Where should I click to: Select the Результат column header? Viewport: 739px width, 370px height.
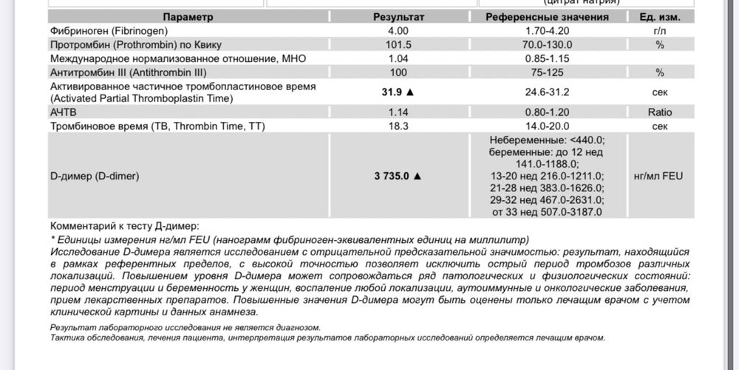[x=398, y=17]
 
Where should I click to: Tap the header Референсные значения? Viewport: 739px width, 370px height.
[x=547, y=17]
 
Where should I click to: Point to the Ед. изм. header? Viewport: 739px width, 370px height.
[x=659, y=17]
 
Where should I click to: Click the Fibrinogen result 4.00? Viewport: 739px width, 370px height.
[x=398, y=31]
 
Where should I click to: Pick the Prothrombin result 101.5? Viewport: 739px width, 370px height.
[x=398, y=44]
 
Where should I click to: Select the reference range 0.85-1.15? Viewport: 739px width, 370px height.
[x=547, y=58]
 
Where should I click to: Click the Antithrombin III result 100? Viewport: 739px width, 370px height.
[x=398, y=72]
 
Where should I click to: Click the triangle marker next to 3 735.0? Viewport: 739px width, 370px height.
[x=418, y=177]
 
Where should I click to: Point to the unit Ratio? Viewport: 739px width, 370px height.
[x=659, y=112]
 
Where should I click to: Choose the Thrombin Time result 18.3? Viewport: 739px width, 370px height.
[x=398, y=126]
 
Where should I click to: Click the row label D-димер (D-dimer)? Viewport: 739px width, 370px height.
[x=95, y=177]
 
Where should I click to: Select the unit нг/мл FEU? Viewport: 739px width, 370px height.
[x=659, y=177]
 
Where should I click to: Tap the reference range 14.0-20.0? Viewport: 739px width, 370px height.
[x=547, y=126]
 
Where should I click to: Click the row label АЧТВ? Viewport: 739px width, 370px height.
[x=65, y=112]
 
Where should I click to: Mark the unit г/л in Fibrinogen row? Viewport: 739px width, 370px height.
[x=659, y=31]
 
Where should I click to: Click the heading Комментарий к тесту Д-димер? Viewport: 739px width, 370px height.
[x=124, y=226]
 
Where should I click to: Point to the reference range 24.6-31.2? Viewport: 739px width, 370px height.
[x=547, y=92]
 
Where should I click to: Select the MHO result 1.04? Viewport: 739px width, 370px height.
[x=398, y=58]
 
